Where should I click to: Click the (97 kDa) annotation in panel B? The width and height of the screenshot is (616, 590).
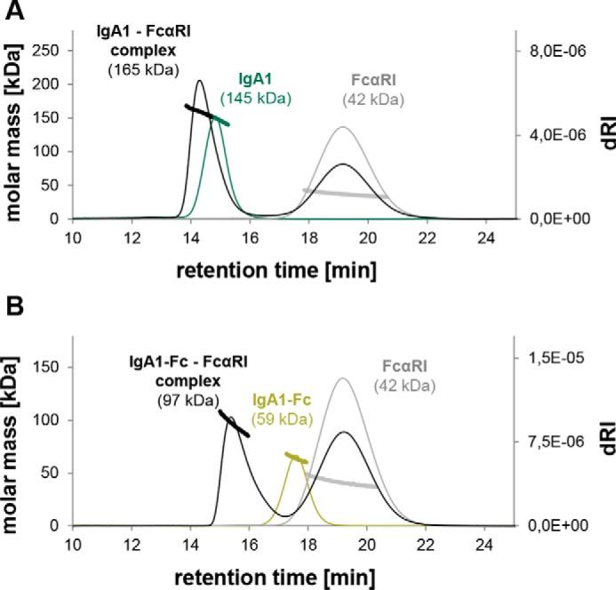tap(193, 400)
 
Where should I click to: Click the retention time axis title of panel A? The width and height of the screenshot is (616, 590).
tap(293, 267)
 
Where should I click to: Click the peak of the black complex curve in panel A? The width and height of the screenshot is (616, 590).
tap(199, 81)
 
